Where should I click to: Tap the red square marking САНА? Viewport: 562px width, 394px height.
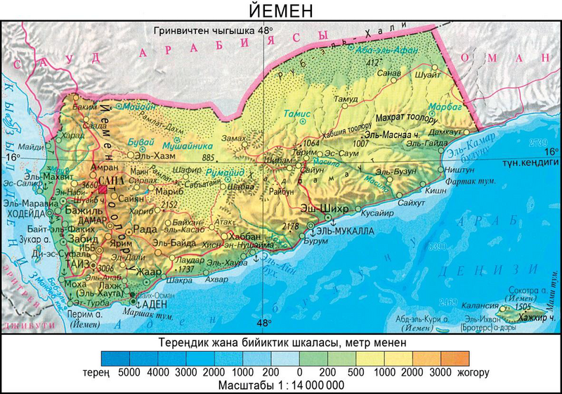(x=103, y=189)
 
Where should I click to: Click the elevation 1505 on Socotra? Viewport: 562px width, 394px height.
(x=521, y=307)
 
